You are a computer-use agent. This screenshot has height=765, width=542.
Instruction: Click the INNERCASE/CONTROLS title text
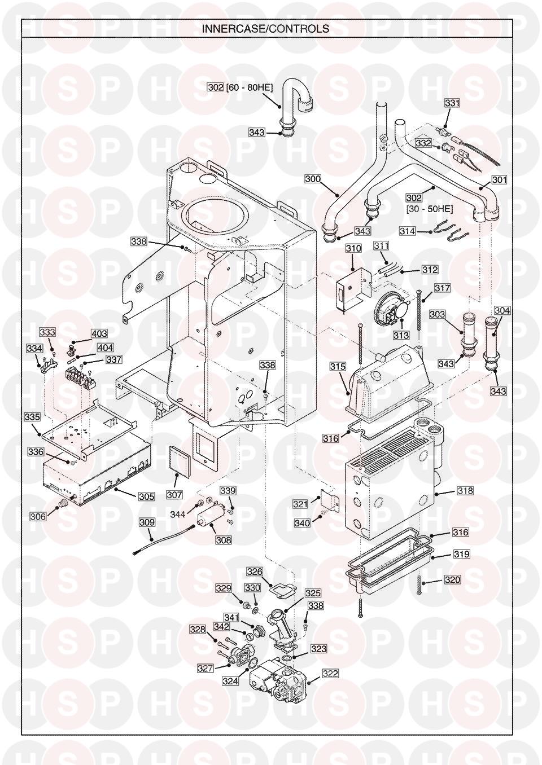point(265,29)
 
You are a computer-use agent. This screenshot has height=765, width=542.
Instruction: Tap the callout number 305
point(147,496)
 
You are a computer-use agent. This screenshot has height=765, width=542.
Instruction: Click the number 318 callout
point(465,491)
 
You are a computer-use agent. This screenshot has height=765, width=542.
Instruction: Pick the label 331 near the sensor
point(452,103)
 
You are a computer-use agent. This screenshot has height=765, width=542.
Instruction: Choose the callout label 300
point(313,179)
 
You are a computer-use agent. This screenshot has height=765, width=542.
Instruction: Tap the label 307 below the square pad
point(174,494)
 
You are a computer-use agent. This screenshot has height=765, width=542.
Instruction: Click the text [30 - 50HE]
point(430,209)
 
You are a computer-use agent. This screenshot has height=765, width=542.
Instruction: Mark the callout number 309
point(147,522)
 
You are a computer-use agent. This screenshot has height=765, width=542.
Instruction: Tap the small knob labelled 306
point(63,503)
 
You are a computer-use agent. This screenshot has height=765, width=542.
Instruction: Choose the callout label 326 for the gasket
point(255,571)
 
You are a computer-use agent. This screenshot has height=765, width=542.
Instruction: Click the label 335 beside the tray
point(32,417)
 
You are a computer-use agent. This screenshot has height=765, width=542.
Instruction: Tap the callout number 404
point(105,348)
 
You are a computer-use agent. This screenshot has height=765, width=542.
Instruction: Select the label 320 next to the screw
point(452,579)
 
